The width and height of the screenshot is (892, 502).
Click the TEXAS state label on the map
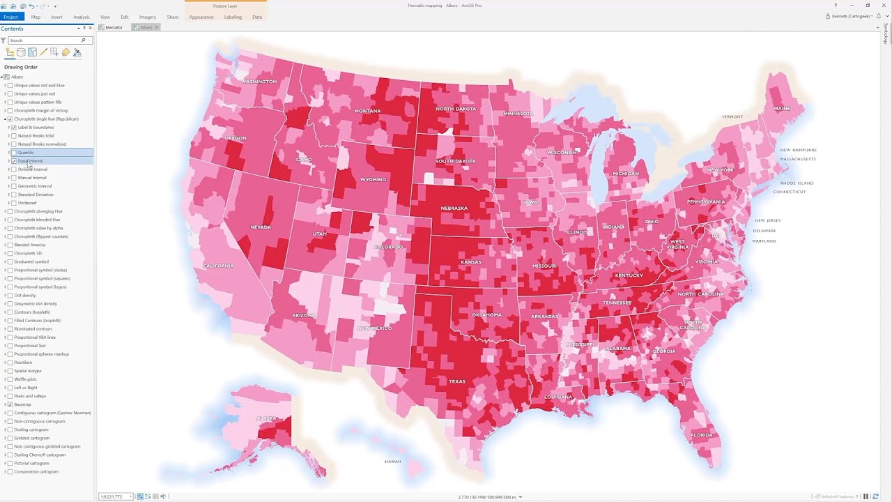pyautogui.click(x=456, y=381)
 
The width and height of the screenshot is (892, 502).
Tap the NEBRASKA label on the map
pyautogui.click(x=454, y=208)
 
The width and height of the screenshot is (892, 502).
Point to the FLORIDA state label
pyautogui.click(x=701, y=435)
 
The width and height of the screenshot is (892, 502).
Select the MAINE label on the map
pyautogui.click(x=782, y=109)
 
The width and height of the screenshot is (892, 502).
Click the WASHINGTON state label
pyautogui.click(x=259, y=82)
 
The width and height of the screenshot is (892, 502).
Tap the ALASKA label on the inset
pyautogui.click(x=266, y=418)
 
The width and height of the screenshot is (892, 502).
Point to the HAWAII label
pyautogui.click(x=392, y=462)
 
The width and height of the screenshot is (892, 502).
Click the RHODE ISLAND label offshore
pyautogui.click(x=797, y=183)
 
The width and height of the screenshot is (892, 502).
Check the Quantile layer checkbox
pyautogui.click(x=14, y=153)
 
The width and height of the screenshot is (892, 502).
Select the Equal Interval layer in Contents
pyautogui.click(x=30, y=161)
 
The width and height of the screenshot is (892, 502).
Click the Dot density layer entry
pyautogui.click(x=25, y=296)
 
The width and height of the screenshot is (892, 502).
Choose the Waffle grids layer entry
pyautogui.click(x=26, y=379)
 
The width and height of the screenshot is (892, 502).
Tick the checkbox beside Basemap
pyautogui.click(x=10, y=404)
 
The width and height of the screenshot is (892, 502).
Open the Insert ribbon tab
pyautogui.click(x=56, y=17)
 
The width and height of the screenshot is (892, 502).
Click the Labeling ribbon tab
pyautogui.click(x=233, y=17)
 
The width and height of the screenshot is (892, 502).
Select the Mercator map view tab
pyautogui.click(x=114, y=27)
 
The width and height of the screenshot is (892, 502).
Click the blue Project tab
pyautogui.click(x=10, y=17)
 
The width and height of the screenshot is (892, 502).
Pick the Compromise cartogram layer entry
pyautogui.click(x=36, y=472)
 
